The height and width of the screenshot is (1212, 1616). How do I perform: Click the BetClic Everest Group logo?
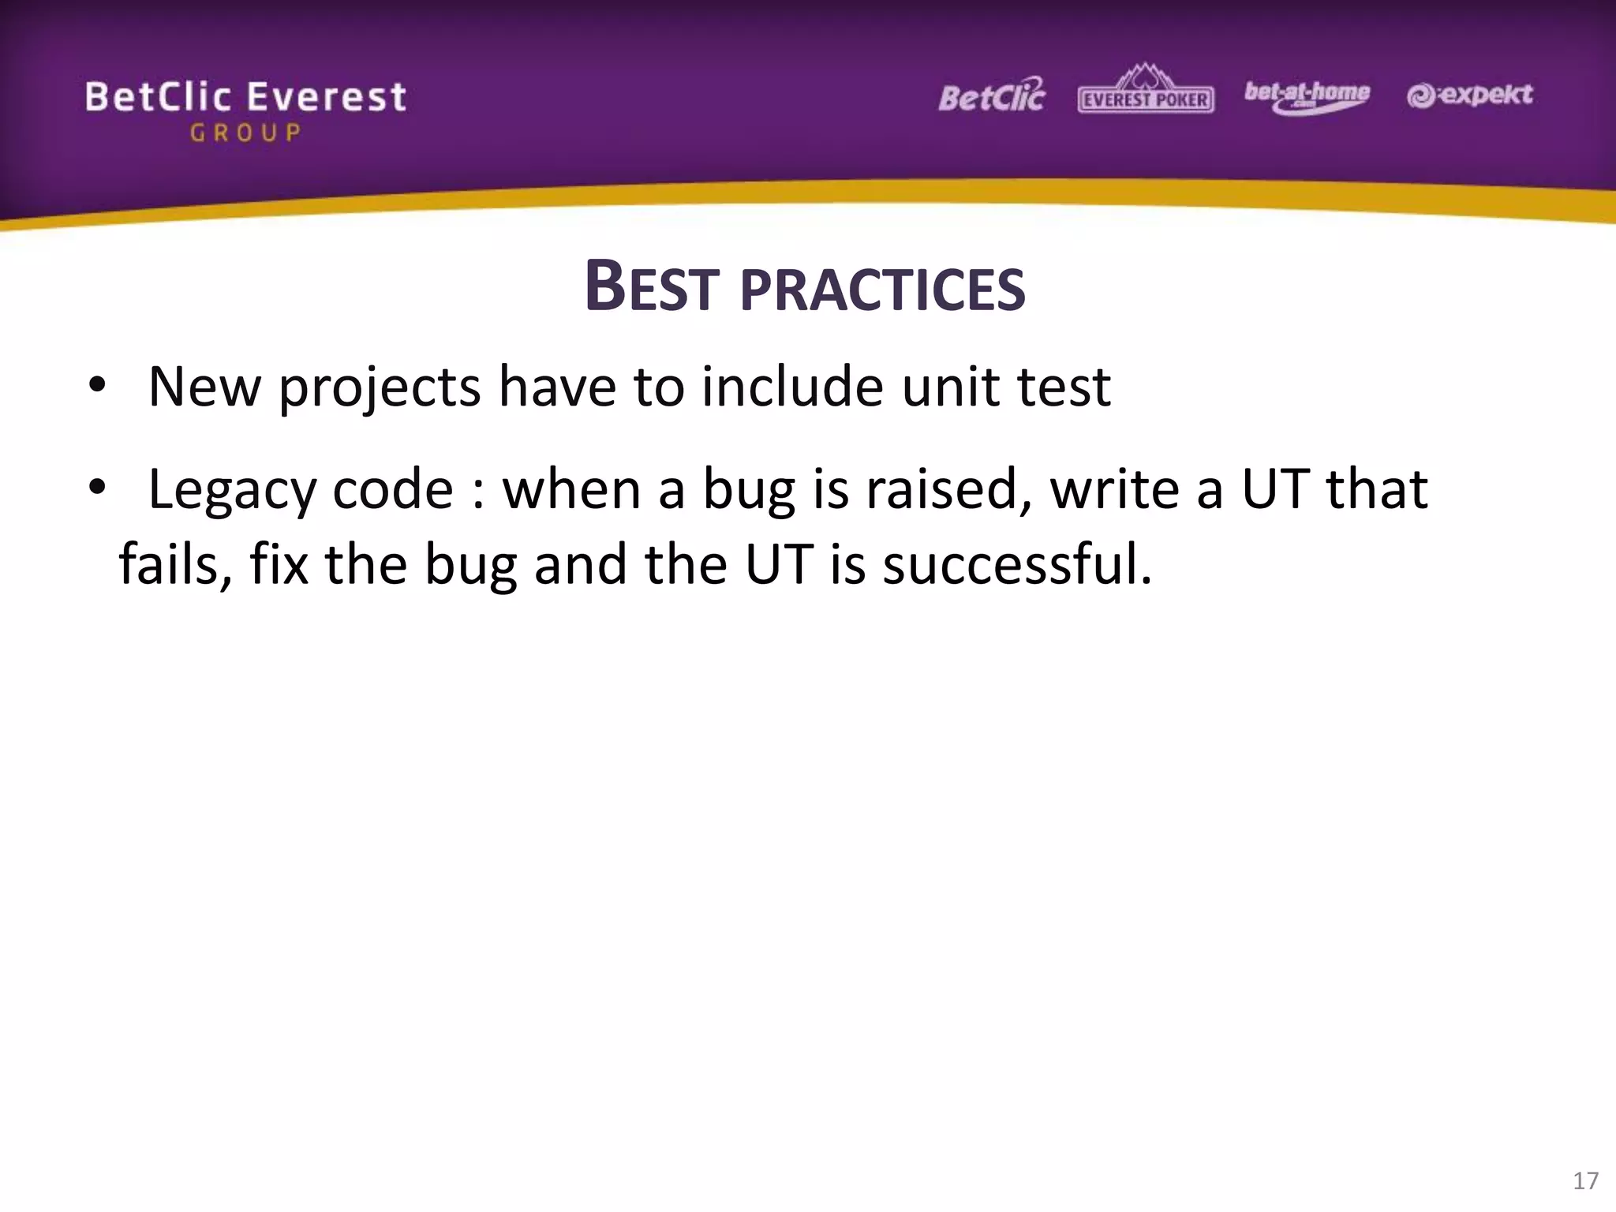tap(245, 109)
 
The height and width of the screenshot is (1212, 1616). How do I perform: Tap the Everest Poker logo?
tap(1146, 91)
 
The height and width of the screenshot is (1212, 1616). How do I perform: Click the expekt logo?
tap(1469, 95)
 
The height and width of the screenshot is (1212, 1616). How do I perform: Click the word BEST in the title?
tap(652, 287)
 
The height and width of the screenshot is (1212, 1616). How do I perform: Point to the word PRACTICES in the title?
tap(882, 289)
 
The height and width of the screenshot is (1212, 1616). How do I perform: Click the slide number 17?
tap(1585, 1180)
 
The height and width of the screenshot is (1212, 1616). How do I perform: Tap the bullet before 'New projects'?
tap(97, 386)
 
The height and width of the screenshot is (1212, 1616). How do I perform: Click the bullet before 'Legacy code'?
tap(97, 488)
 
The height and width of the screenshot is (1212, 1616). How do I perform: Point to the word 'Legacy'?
tap(230, 491)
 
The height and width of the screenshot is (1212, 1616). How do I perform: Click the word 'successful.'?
tap(1016, 564)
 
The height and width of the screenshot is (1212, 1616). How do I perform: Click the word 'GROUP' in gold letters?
tap(245, 133)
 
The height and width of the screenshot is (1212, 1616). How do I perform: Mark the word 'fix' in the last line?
tap(279, 564)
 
